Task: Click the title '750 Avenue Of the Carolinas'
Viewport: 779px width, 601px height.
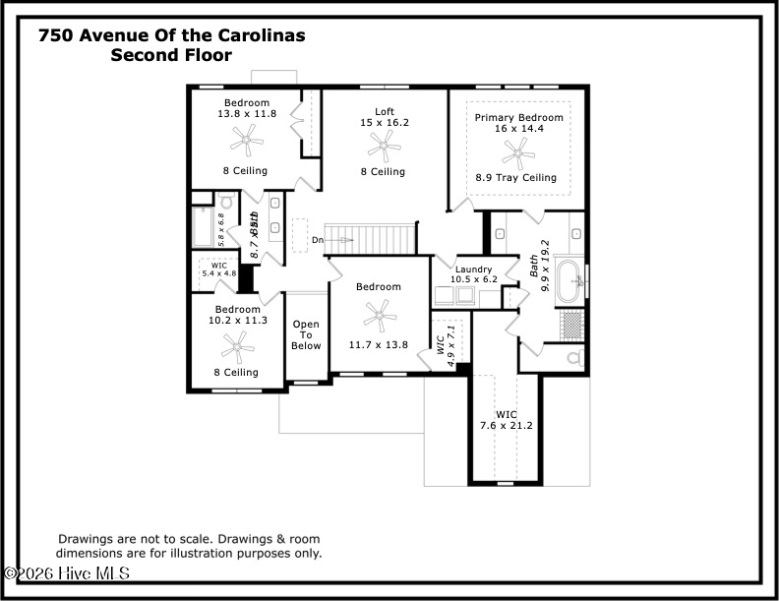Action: point(171,35)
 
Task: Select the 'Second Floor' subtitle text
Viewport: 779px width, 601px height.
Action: point(171,55)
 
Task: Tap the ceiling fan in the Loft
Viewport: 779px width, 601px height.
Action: point(383,148)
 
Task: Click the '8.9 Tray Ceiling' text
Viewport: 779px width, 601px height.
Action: point(516,178)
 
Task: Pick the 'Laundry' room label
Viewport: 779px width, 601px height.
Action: point(475,269)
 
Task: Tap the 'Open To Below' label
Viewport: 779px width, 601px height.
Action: point(306,335)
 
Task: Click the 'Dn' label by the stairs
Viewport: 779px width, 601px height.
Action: point(317,240)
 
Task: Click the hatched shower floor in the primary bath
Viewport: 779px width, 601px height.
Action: point(571,324)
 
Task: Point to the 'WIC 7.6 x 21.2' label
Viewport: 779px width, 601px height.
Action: point(506,420)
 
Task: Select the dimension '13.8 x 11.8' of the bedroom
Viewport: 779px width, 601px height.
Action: point(247,113)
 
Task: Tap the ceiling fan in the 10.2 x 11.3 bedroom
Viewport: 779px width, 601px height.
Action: point(236,344)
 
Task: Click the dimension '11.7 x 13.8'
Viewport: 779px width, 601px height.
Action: point(378,345)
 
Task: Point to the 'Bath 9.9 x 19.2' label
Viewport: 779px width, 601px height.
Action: point(540,266)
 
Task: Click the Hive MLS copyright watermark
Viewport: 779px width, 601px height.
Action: point(66,572)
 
